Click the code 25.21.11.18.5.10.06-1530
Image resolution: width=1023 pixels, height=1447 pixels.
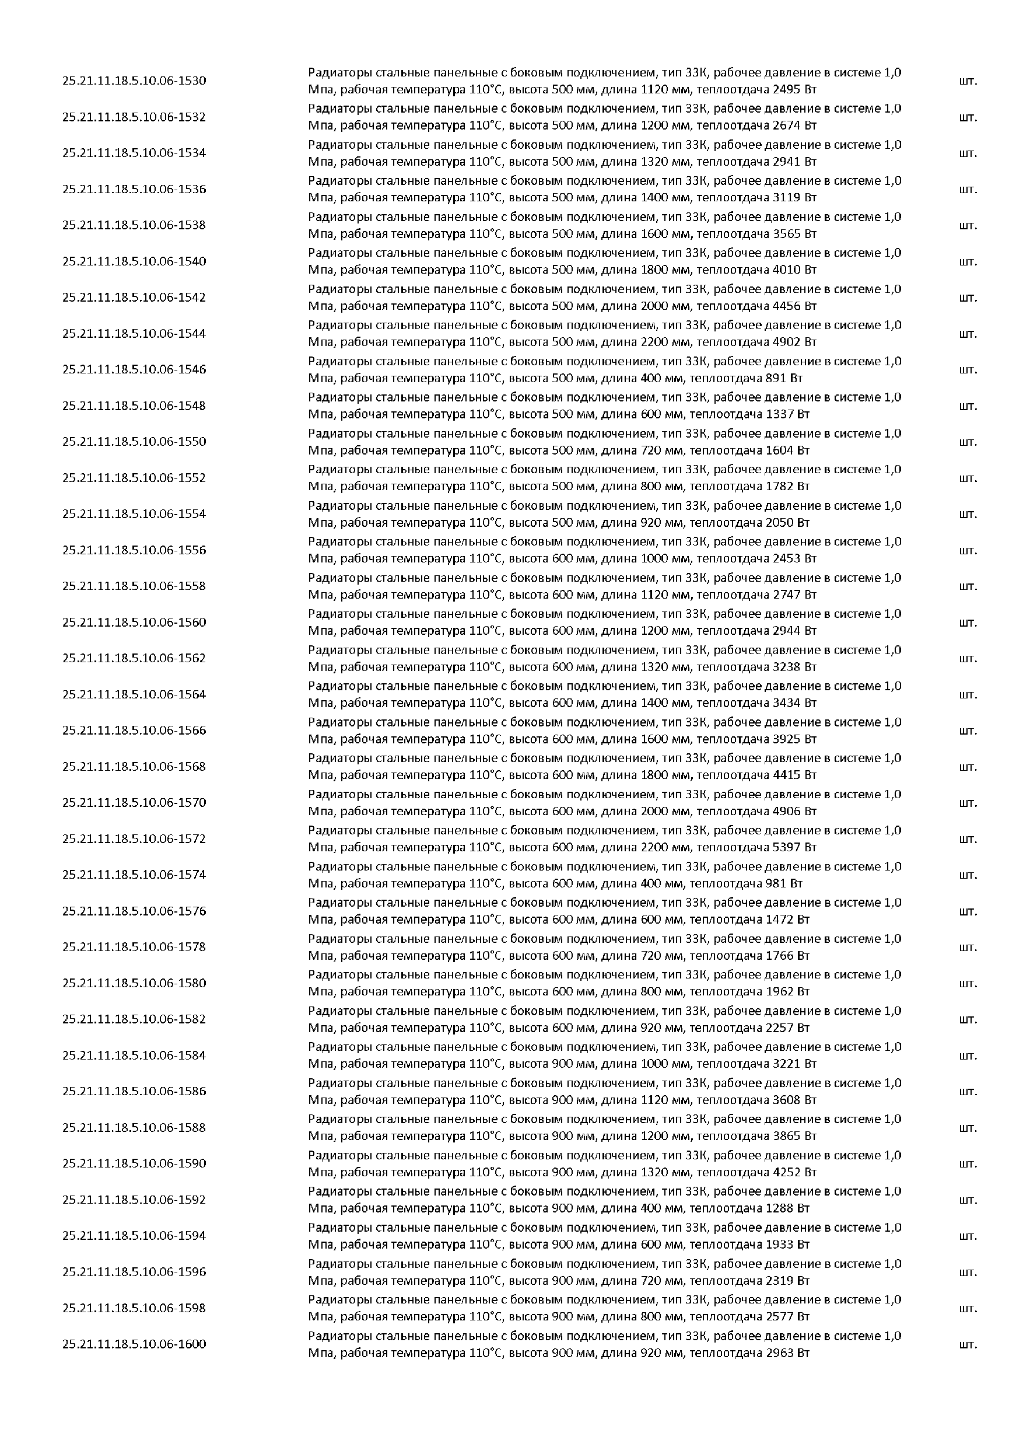[134, 81]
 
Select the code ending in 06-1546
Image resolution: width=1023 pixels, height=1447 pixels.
[134, 369]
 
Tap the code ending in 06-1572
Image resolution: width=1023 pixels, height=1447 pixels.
[134, 839]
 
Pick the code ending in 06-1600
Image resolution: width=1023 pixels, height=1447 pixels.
[134, 1344]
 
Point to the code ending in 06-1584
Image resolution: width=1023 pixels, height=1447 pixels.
[134, 1055]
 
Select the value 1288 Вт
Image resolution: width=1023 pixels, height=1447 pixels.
[784, 1209]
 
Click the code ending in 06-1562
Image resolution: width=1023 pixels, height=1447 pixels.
[134, 658]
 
